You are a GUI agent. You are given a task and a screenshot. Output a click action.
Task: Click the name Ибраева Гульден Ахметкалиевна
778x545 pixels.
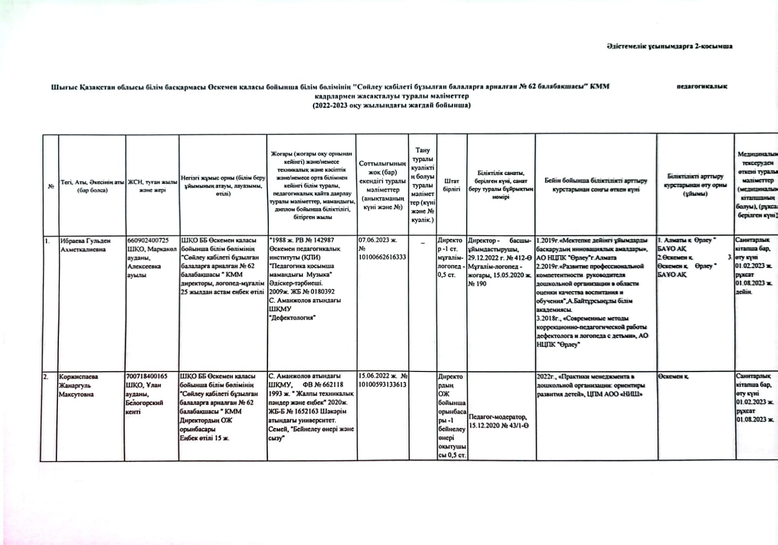pyautogui.click(x=85, y=245)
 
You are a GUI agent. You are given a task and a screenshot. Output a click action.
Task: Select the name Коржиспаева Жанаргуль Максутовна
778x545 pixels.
pyautogui.click(x=78, y=385)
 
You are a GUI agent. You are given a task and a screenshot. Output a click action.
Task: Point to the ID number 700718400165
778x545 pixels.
pyautogui.click(x=146, y=376)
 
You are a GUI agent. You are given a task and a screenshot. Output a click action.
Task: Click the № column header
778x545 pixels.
pyautogui.click(x=51, y=186)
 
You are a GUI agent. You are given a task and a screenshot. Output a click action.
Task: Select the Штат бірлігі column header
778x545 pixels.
pyautogui.click(x=451, y=185)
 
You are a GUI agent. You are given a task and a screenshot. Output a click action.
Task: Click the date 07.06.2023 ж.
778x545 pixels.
pyautogui.click(x=378, y=240)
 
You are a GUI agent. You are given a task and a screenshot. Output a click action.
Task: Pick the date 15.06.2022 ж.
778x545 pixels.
pyautogui.click(x=377, y=376)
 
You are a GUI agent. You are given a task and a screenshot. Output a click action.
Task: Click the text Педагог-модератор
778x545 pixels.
pyautogui.click(x=497, y=417)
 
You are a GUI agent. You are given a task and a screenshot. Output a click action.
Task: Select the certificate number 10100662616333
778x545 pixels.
pyautogui.click(x=382, y=257)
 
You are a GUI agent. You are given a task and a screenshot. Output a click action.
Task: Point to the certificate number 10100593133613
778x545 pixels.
pyautogui.click(x=382, y=385)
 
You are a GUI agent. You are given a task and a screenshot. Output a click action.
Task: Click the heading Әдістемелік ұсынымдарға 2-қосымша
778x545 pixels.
pyautogui.click(x=670, y=46)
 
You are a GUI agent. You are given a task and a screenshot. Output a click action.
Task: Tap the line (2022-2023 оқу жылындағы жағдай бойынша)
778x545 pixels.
pyautogui.click(x=391, y=105)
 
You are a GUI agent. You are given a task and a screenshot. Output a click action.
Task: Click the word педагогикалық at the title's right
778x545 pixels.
pyautogui.click(x=702, y=87)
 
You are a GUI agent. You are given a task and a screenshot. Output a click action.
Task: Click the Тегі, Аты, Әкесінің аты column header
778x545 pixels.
pyautogui.click(x=92, y=186)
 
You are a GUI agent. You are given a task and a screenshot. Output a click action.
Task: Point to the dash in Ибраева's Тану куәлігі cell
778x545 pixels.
pyautogui.click(x=423, y=242)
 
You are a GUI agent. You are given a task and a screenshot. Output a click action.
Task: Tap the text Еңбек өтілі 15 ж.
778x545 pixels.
pyautogui.click(x=204, y=438)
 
